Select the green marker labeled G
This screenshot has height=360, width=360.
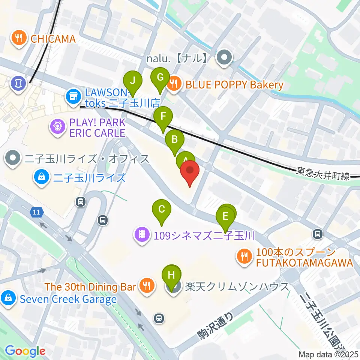[x=160, y=78]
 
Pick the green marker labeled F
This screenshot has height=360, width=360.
[x=163, y=117]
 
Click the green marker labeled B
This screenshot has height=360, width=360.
[x=175, y=140]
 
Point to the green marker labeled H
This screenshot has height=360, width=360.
[x=171, y=276]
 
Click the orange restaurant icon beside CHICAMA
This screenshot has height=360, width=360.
[x=17, y=38]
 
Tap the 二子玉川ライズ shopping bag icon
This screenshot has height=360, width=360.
[x=40, y=177]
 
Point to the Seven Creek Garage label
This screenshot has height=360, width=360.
[x=68, y=299]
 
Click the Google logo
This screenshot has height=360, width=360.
[x=25, y=351]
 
